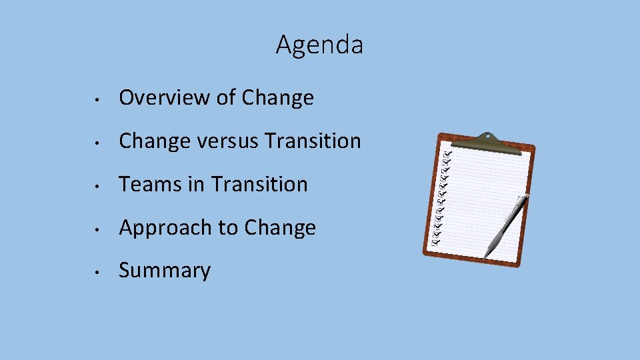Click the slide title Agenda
pyautogui.click(x=319, y=45)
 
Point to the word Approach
pyautogui.click(x=166, y=228)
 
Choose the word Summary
pyautogui.click(x=165, y=271)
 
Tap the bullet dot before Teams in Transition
pyautogui.click(x=97, y=186)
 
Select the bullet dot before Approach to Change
pyautogui.click(x=97, y=229)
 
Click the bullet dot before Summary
pyautogui.click(x=97, y=273)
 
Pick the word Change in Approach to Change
pyautogui.click(x=280, y=228)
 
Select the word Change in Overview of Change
pyautogui.click(x=277, y=98)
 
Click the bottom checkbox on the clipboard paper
pyautogui.click(x=435, y=243)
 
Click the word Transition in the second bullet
pyautogui.click(x=313, y=141)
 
